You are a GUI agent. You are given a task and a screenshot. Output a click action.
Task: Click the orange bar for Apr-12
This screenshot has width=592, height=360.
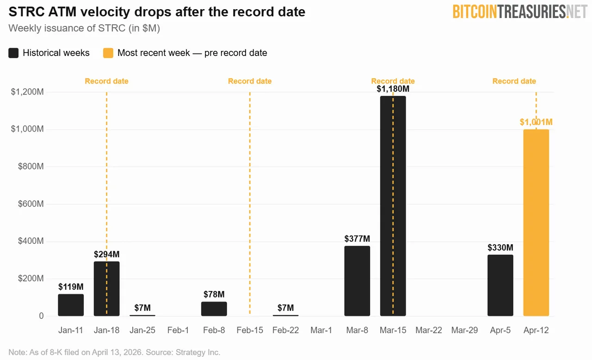536,223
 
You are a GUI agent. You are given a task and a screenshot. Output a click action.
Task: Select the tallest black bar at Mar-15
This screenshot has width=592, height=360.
393,206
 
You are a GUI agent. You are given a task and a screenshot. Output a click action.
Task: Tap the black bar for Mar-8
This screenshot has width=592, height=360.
357,281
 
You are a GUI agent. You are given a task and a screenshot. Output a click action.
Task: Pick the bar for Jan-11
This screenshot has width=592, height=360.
71,305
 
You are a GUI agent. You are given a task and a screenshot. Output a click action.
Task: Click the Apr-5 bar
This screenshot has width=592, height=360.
500,285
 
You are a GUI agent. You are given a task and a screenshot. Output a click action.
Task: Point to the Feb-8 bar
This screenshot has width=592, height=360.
214,309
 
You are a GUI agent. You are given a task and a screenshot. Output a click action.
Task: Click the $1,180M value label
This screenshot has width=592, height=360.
393,88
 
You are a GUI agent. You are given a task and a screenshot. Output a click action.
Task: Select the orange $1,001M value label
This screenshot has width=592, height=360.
536,122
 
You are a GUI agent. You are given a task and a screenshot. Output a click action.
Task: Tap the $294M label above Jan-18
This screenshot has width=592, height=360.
106,254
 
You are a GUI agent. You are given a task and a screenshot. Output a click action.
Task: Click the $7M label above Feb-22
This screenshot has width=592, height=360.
285,308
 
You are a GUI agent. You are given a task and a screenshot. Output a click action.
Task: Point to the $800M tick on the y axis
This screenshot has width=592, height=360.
31,167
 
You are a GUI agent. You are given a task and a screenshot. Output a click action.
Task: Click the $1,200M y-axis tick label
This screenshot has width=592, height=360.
27,92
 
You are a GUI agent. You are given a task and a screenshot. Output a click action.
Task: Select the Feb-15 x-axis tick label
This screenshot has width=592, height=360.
250,330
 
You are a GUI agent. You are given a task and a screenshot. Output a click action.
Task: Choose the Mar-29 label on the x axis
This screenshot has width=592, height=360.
464,330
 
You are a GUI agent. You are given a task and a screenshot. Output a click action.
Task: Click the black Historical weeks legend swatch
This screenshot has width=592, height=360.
14,53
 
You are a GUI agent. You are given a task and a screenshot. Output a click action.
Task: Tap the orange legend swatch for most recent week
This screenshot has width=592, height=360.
108,53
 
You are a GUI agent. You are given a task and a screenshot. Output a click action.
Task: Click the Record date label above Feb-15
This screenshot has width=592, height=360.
250,81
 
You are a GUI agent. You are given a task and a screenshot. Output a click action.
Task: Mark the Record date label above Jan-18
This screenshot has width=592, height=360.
106,81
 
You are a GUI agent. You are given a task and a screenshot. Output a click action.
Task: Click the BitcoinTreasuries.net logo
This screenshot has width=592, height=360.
519,12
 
